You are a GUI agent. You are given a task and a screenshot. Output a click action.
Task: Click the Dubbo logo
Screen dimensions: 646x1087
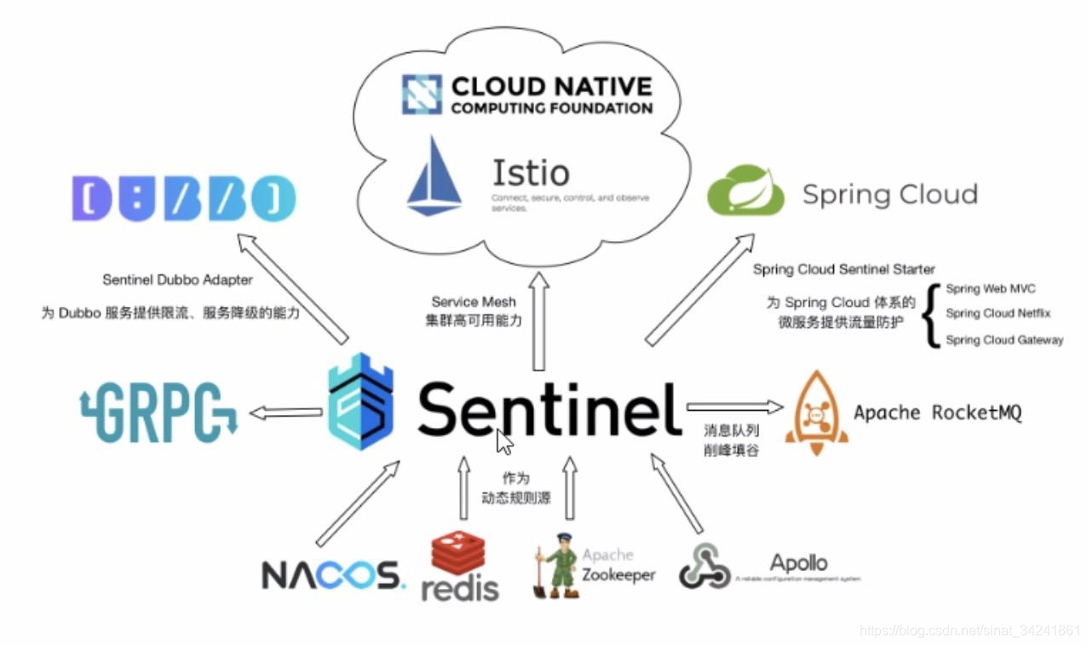[x=184, y=197]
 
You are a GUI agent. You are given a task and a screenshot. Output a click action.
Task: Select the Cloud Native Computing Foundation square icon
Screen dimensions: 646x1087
[x=422, y=95]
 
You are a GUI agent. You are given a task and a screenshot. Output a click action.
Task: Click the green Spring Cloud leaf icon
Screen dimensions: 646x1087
[x=745, y=191]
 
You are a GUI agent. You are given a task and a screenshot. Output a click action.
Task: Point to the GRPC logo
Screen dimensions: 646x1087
[x=158, y=412]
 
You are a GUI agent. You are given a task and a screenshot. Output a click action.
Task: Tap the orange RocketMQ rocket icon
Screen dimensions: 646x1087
[x=816, y=411]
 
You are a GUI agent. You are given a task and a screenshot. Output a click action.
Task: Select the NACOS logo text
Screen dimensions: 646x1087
[x=333, y=575]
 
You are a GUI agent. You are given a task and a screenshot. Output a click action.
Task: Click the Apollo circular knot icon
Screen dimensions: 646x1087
[x=705, y=566]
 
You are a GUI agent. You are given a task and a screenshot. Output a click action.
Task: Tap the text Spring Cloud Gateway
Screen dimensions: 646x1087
[x=1004, y=340]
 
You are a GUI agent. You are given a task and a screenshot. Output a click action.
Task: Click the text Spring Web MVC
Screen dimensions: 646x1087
[x=991, y=289]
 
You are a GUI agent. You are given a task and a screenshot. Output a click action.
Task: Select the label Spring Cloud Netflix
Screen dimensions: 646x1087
[x=998, y=314]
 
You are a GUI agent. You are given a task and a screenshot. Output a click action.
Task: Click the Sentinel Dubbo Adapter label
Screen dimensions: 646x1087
[x=177, y=280]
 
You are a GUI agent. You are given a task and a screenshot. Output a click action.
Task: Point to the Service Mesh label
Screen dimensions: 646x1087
[x=474, y=302]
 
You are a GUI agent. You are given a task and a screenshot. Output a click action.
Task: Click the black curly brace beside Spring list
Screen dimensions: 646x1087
[x=931, y=315]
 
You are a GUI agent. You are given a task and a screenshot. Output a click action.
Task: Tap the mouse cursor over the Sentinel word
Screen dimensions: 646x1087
[x=504, y=442]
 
